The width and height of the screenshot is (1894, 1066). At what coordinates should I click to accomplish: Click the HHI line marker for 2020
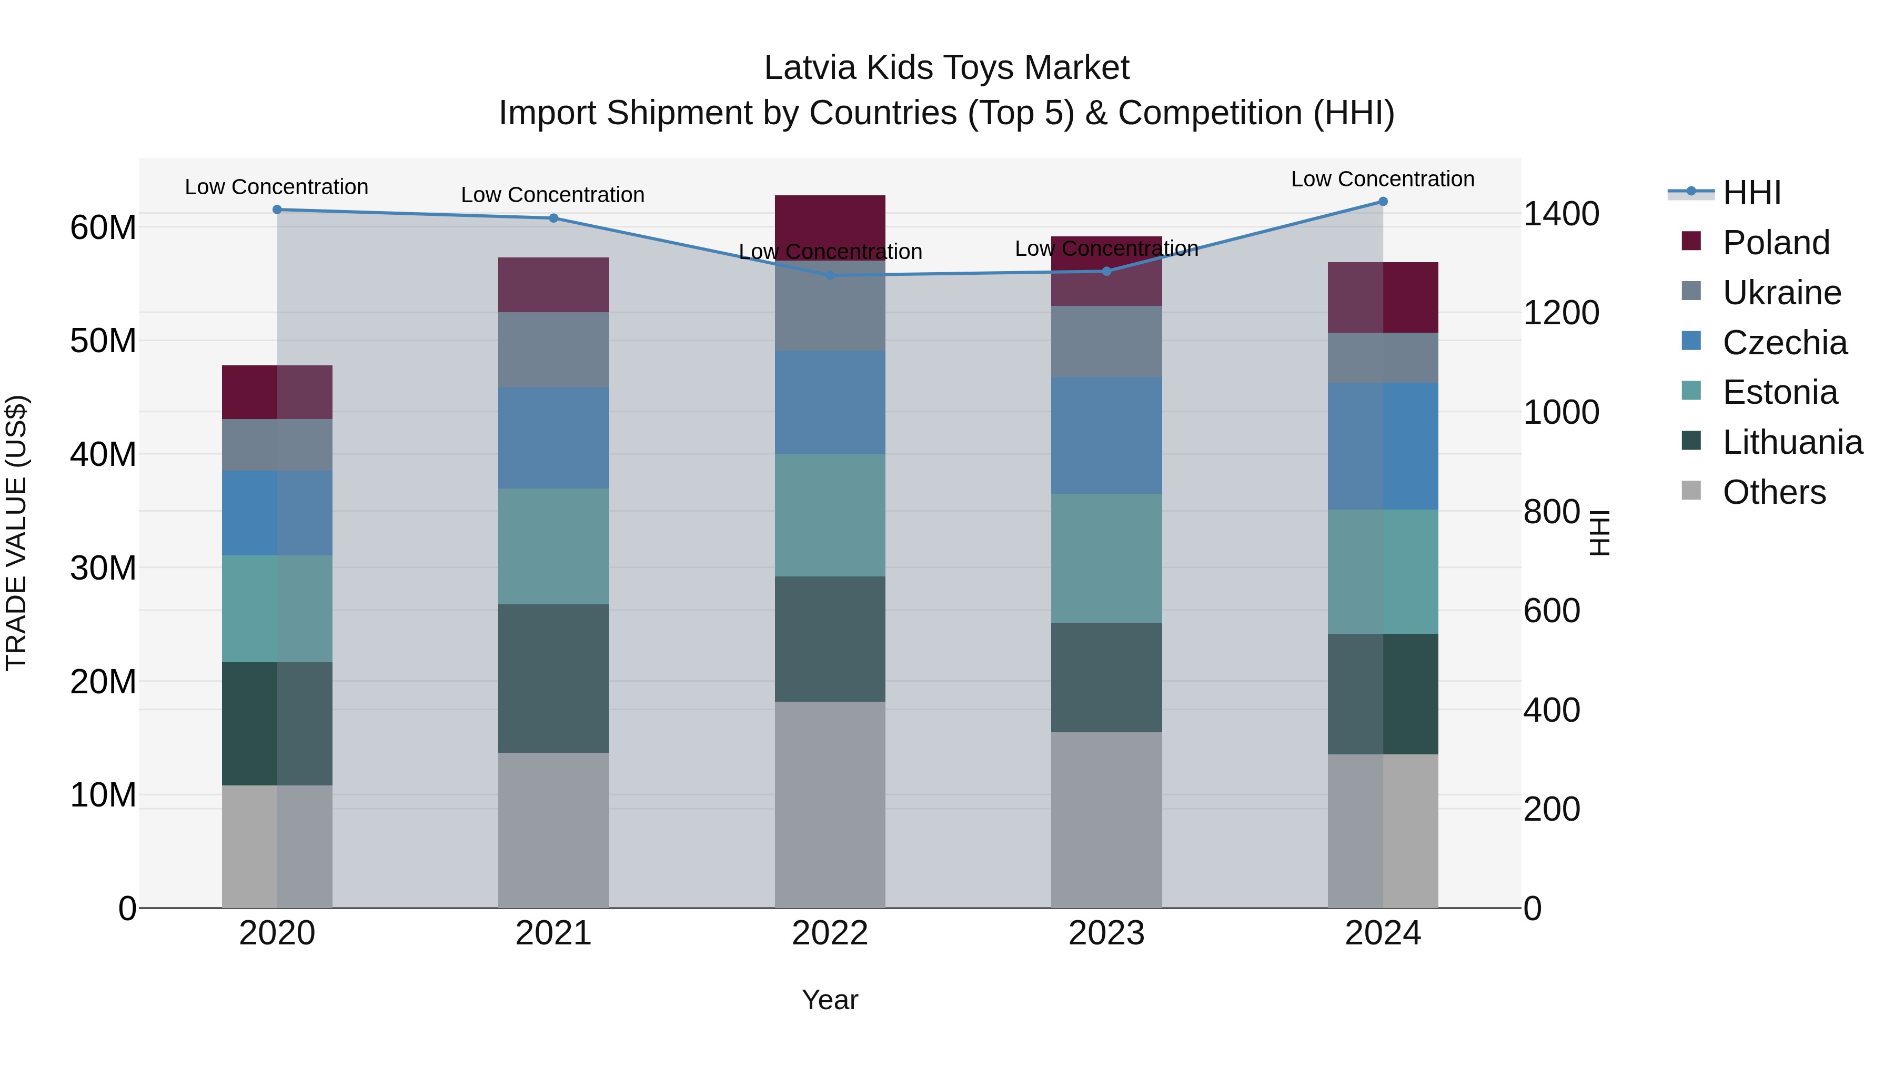pyautogui.click(x=277, y=210)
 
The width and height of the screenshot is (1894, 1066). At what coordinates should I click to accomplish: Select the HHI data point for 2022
pyautogui.click(x=830, y=275)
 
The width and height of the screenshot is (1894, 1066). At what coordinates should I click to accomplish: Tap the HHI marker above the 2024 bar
pyautogui.click(x=1383, y=202)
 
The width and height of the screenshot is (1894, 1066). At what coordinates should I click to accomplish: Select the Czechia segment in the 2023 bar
pyautogui.click(x=1106, y=435)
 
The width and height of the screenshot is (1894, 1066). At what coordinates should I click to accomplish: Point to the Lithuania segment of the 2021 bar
pyautogui.click(x=553, y=679)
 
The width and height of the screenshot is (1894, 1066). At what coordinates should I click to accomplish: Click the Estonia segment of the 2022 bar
pyautogui.click(x=830, y=515)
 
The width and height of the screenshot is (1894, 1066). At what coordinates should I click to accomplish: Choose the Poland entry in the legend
pyautogui.click(x=1776, y=243)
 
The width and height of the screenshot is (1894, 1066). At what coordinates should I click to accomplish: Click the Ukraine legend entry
pyautogui.click(x=1781, y=293)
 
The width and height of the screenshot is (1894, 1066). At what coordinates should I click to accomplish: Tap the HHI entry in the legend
pyautogui.click(x=1751, y=193)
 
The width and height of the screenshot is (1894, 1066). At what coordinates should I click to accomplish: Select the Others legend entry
pyautogui.click(x=1774, y=492)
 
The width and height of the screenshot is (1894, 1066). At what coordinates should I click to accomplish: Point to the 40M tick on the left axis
pyautogui.click(x=103, y=455)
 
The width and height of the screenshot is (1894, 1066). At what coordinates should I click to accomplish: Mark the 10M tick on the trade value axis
pyautogui.click(x=103, y=795)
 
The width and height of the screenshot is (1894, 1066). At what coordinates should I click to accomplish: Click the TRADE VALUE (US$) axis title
pyautogui.click(x=17, y=533)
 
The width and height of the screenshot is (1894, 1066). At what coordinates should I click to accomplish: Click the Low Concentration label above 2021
pyautogui.click(x=553, y=195)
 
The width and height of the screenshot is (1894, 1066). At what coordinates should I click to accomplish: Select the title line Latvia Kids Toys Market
pyautogui.click(x=946, y=68)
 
